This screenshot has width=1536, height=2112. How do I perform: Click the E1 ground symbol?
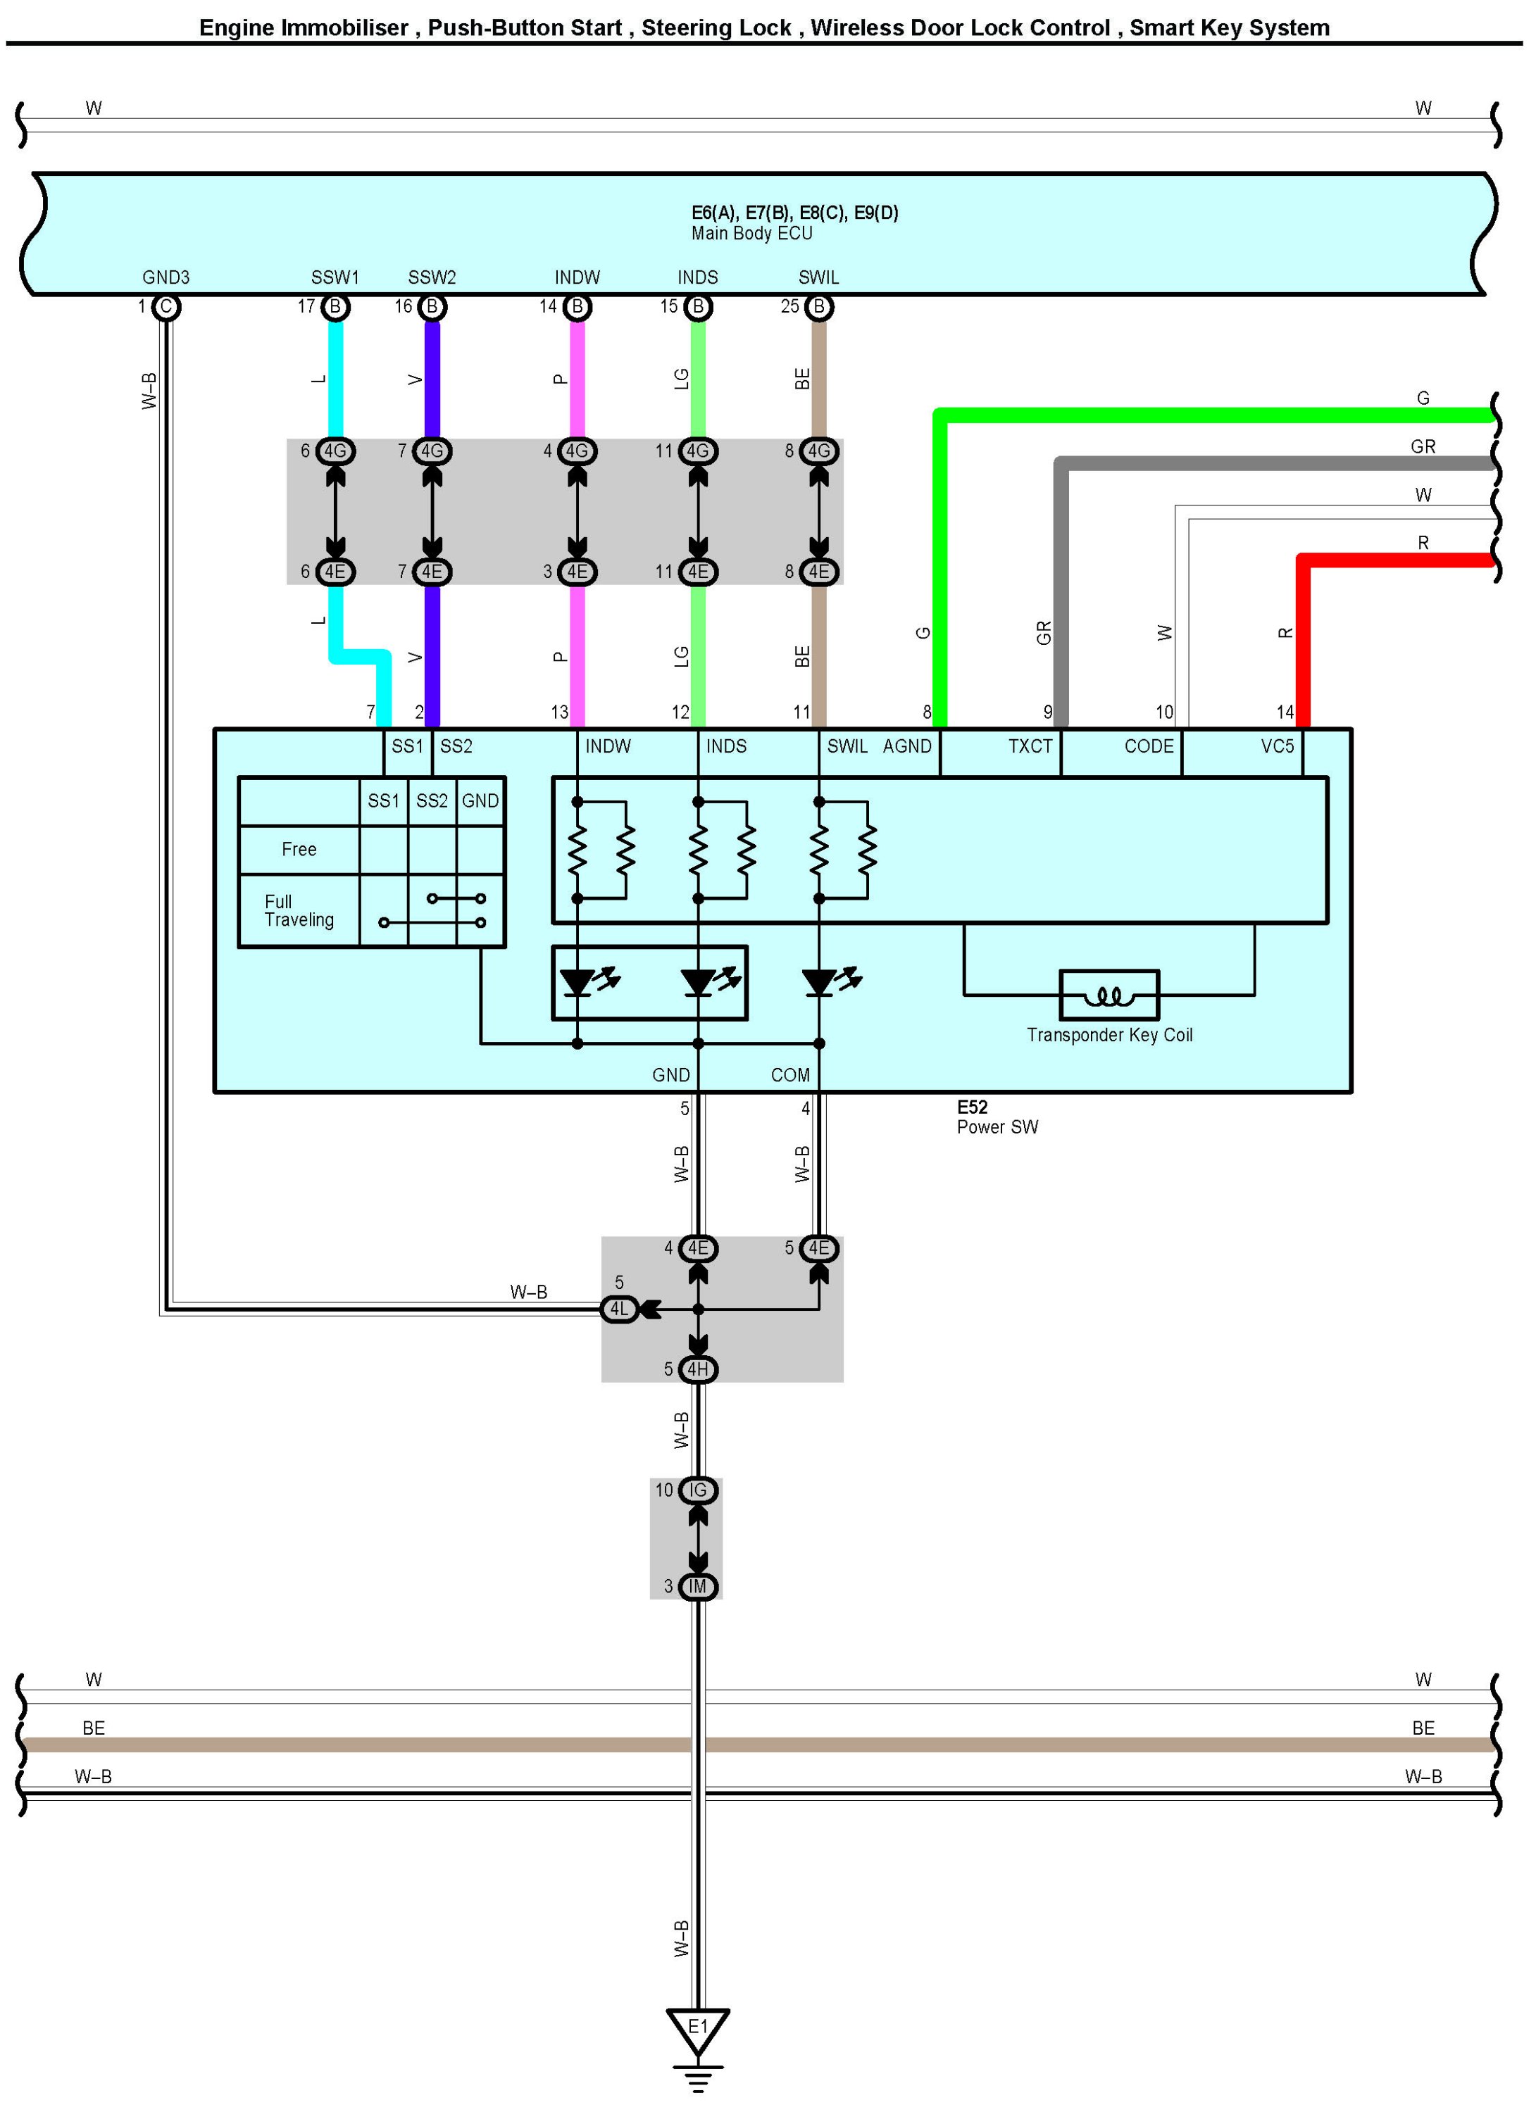698,2031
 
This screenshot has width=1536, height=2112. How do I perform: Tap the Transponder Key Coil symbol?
1109,995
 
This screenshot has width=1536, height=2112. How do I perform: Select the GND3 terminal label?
166,277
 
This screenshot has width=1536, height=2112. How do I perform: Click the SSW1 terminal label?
335,277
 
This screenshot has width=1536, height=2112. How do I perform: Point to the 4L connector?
620,1309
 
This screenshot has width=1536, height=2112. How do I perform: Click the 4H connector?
698,1370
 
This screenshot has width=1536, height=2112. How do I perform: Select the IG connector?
698,1491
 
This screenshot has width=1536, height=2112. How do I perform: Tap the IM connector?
698,1587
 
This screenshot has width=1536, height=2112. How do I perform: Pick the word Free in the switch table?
299,849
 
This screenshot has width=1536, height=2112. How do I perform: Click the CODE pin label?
1149,747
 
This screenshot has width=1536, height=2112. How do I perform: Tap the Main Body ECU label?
751,234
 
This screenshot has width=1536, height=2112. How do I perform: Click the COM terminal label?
790,1076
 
